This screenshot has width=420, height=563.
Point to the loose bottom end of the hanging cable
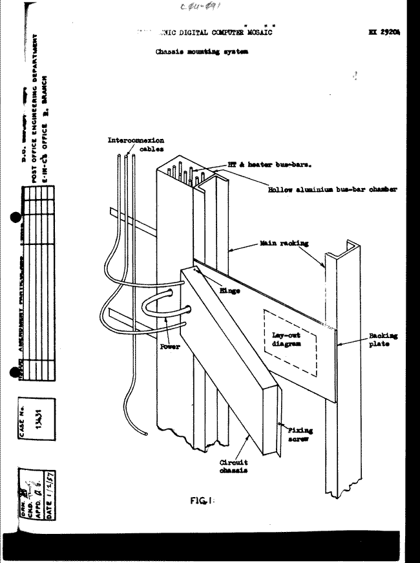pos(147,429)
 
